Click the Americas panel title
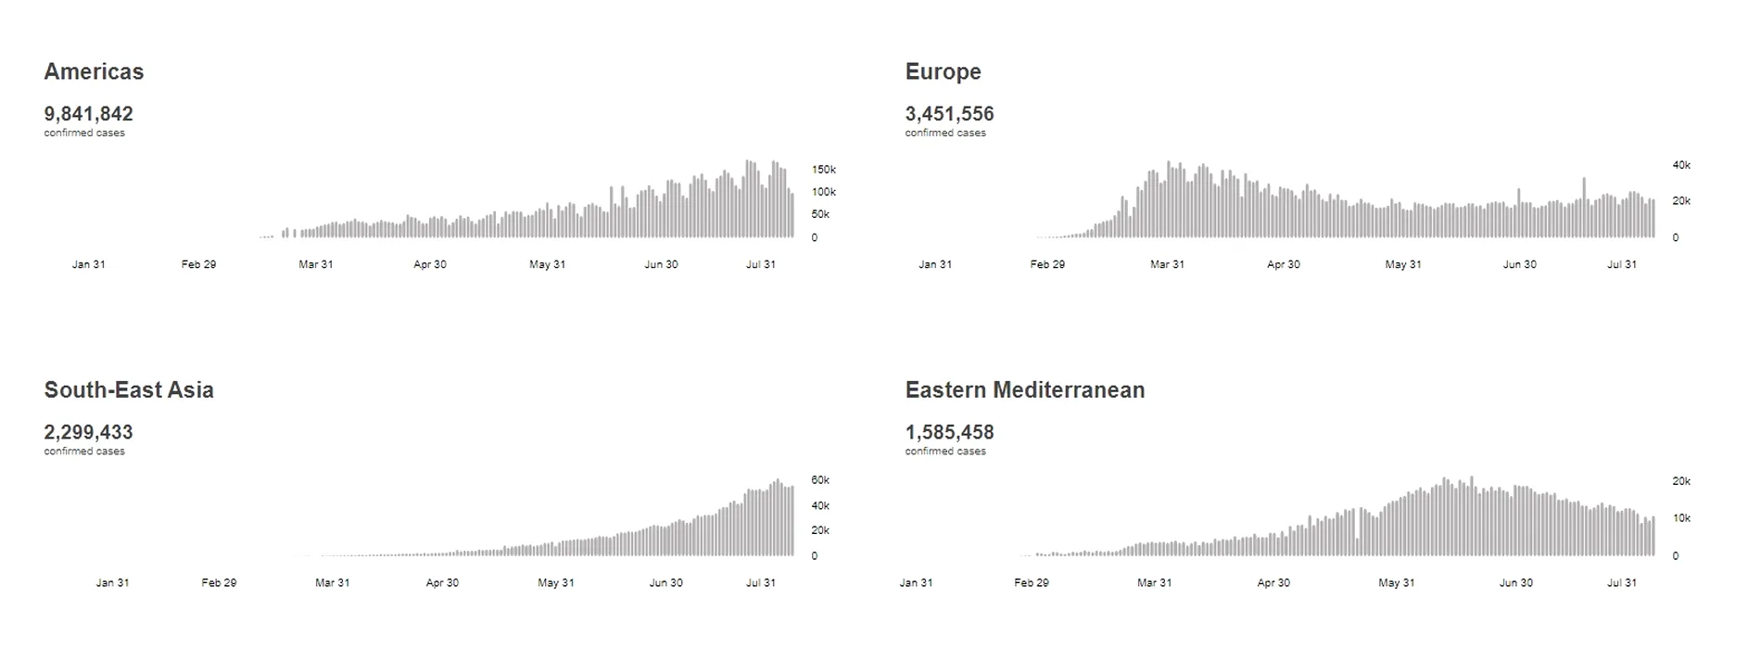(94, 71)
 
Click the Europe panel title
(943, 71)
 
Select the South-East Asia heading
(129, 389)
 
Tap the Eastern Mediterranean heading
(1024, 389)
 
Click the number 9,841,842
(88, 114)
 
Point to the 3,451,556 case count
(949, 114)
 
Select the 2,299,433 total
(88, 432)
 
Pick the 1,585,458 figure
(949, 432)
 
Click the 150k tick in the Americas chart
(824, 170)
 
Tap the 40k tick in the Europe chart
(1681, 165)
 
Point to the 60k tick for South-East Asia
(820, 480)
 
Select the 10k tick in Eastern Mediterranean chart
(1681, 518)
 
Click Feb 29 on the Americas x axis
(198, 264)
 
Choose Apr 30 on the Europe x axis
(1283, 264)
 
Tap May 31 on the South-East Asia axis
(555, 583)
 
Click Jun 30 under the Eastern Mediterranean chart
(1515, 583)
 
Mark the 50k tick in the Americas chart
(820, 214)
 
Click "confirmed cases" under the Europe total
(945, 133)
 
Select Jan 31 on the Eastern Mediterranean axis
(916, 583)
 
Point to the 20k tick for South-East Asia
(820, 530)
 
